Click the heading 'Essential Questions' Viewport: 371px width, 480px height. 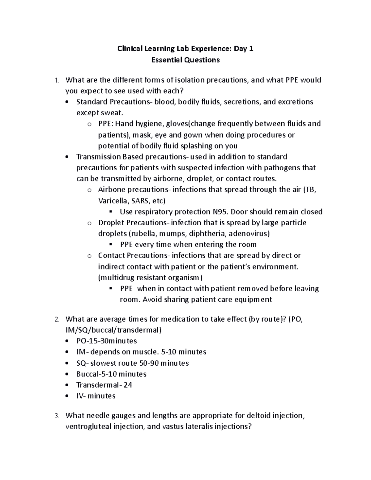[185, 60]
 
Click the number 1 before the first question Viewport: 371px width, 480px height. [56, 80]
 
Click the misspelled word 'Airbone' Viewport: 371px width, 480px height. [112, 189]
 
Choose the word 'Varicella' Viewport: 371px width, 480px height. [112, 201]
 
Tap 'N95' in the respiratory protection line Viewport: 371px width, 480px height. [220, 212]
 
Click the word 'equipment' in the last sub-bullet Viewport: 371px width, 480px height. [253, 299]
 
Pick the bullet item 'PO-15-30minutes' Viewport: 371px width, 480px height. [106, 341]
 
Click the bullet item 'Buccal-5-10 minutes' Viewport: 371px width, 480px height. [111, 374]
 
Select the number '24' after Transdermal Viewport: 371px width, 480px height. [128, 385]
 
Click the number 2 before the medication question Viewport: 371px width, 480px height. [56, 320]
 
